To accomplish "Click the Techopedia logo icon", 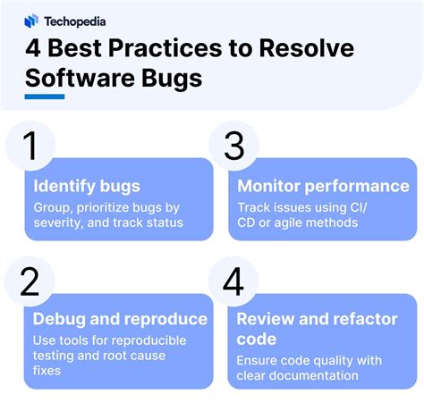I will pyautogui.click(x=32, y=20).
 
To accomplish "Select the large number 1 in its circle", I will pyautogui.click(x=30, y=146).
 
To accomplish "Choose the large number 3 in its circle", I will pyautogui.click(x=233, y=146).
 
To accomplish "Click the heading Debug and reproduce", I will pyautogui.click(x=120, y=319).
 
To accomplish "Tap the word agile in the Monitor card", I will pyautogui.click(x=289, y=222).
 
